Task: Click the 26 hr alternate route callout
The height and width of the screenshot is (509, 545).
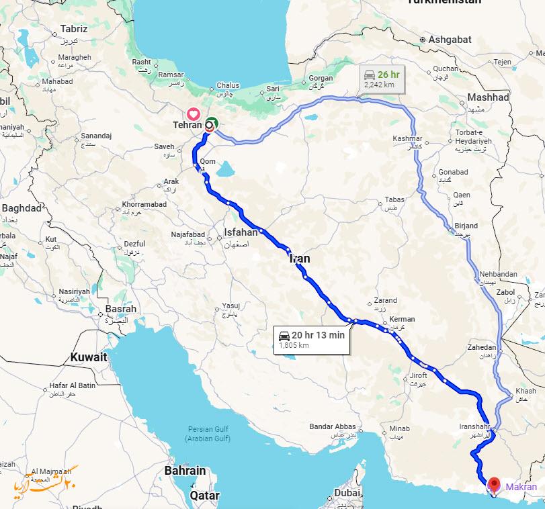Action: tap(381, 78)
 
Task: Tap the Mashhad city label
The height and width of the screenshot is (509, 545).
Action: tap(488, 97)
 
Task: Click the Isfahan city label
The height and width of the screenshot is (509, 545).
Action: tap(241, 232)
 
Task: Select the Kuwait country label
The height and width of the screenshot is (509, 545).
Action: tap(89, 358)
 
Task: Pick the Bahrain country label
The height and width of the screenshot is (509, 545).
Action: tap(185, 471)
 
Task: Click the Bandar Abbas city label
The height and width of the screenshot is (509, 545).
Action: tap(332, 427)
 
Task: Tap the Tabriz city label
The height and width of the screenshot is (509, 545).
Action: tap(74, 29)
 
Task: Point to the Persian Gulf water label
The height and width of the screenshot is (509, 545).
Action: tap(208, 429)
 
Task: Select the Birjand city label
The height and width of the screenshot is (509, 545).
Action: tap(466, 226)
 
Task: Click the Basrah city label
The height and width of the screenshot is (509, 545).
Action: tap(121, 309)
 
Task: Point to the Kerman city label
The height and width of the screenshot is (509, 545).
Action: tap(402, 319)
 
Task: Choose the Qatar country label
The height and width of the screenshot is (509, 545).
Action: tap(205, 496)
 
